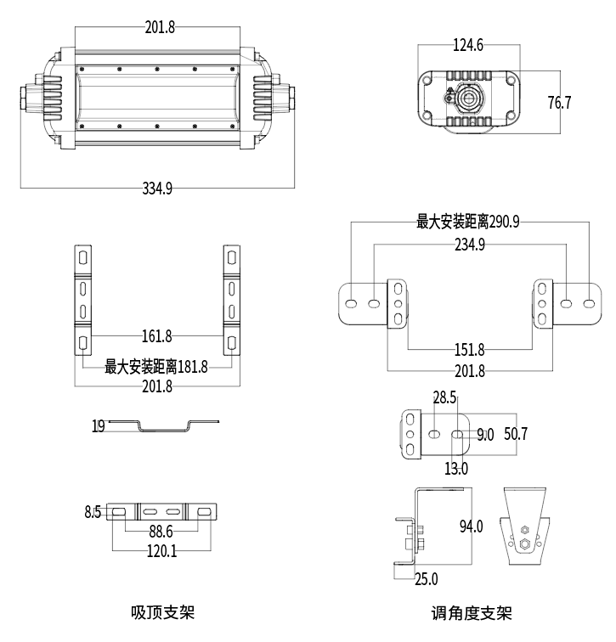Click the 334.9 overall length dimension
coord(157,189)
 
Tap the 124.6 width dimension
coord(467,46)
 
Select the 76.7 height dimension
coord(559,104)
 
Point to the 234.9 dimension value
coord(469,245)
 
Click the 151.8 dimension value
coord(469,350)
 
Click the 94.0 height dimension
coord(471,527)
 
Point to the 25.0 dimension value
coord(426,580)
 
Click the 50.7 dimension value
coord(515,434)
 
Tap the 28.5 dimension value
coord(444,397)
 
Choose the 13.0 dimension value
coord(456,468)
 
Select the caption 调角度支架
coord(472,613)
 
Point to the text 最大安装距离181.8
coord(156,367)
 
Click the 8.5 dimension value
coord(93,512)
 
